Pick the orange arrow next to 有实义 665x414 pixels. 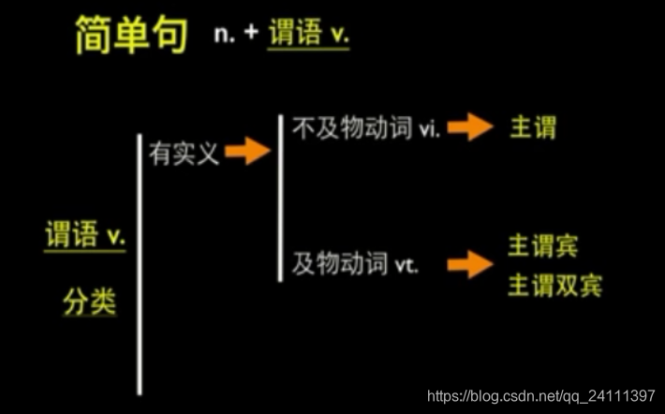(x=248, y=151)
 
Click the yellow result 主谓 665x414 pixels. (x=531, y=127)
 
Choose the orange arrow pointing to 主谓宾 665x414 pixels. (x=470, y=265)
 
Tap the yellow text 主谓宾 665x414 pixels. (x=543, y=246)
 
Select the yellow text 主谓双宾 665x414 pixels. (x=554, y=285)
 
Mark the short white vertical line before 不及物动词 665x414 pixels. (x=280, y=197)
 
